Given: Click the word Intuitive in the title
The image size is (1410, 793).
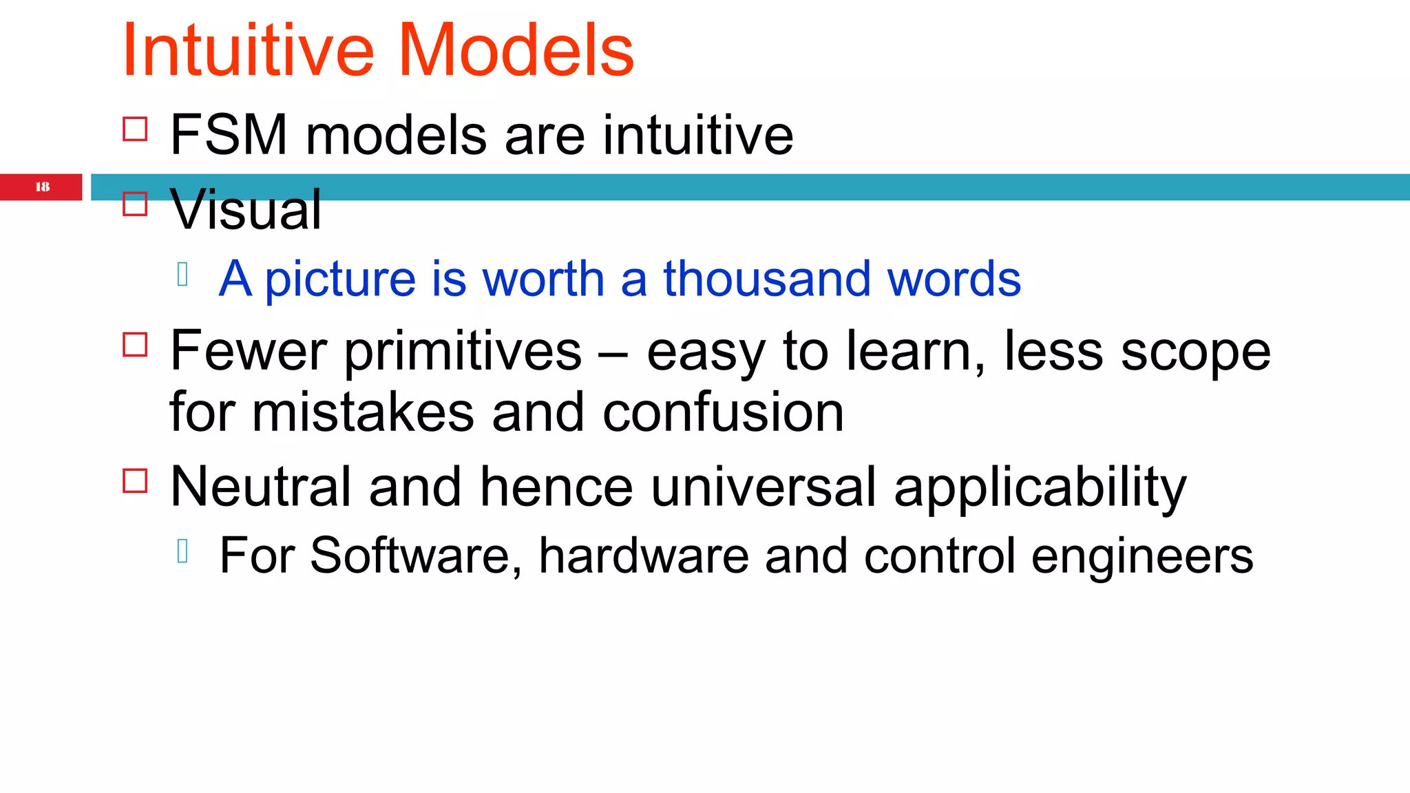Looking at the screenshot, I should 248,51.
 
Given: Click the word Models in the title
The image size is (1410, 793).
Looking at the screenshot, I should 516,51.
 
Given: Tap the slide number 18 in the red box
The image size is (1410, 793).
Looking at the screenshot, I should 42,187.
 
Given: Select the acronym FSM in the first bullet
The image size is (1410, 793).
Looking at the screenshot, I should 229,135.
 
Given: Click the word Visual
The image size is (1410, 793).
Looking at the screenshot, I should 246,210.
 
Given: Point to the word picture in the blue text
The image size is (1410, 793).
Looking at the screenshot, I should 340,279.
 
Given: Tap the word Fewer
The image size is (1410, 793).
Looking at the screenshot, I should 248,350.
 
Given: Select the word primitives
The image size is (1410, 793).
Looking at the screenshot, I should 463,351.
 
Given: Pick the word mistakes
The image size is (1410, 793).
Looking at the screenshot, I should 363,412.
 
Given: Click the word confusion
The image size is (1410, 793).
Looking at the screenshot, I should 723,412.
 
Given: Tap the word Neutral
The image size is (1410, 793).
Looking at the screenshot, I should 260,487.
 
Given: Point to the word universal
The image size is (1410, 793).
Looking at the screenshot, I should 764,487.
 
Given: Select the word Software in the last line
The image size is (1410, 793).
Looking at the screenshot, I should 409,556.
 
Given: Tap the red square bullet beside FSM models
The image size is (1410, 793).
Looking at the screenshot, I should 135,129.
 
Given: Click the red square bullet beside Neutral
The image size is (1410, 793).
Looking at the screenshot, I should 135,480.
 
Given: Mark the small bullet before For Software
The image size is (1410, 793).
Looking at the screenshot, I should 182,551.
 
